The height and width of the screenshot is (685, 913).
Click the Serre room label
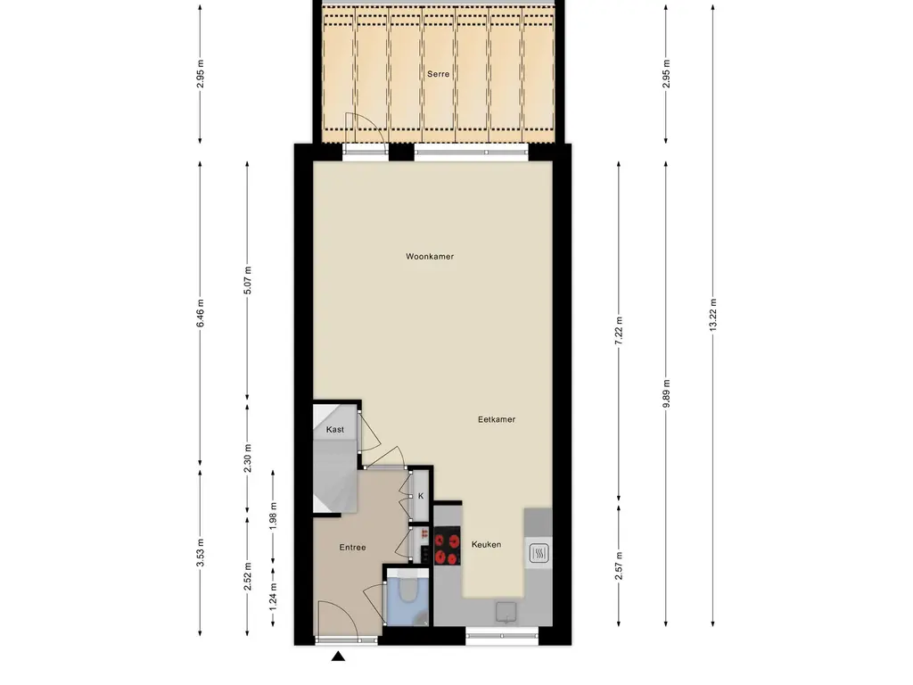pos(438,74)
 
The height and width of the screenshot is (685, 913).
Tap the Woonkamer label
pos(430,256)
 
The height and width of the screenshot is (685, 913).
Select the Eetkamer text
pos(496,419)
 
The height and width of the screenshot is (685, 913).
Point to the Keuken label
pos(486,545)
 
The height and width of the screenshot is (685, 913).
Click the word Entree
pos(352,548)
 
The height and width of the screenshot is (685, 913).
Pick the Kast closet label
pos(335,429)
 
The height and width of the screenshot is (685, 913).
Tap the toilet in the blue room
pos(408,589)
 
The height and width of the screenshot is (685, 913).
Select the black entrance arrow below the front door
pos(338,656)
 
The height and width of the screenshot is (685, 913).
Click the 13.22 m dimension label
pos(712,315)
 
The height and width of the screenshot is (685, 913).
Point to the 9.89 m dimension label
pos(666,393)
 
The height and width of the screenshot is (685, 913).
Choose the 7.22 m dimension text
pos(619,331)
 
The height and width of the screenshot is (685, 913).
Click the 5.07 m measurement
pos(248,280)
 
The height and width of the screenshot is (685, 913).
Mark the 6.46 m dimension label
pos(201,313)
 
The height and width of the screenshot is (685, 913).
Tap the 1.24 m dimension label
pos(273,597)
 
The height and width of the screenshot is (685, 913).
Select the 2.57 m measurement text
pos(619,565)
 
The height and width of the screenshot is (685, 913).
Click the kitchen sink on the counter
pos(506,612)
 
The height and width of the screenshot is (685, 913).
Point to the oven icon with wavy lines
pos(538,553)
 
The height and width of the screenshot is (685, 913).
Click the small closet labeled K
pos(421,496)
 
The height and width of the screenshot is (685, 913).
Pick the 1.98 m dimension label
pos(273,516)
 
